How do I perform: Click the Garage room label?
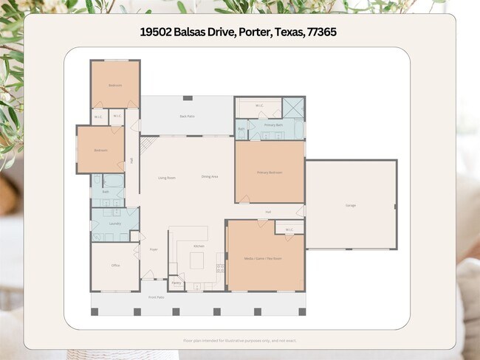point(350,205)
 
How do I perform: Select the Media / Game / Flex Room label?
point(264,258)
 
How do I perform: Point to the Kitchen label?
point(199,246)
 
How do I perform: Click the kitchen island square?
point(197,260)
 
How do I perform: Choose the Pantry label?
point(176,283)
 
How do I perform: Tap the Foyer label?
point(154,249)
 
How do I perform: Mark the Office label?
point(115,265)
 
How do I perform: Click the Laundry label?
point(114,223)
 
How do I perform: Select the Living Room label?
point(167,177)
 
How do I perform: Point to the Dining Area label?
point(210,177)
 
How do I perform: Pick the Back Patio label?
point(187,116)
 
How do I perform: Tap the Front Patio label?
point(156,297)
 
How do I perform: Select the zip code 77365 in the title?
point(322,32)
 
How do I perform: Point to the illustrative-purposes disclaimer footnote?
point(240,341)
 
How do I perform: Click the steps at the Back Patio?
point(146,145)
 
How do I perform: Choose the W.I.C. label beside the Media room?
point(289,229)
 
